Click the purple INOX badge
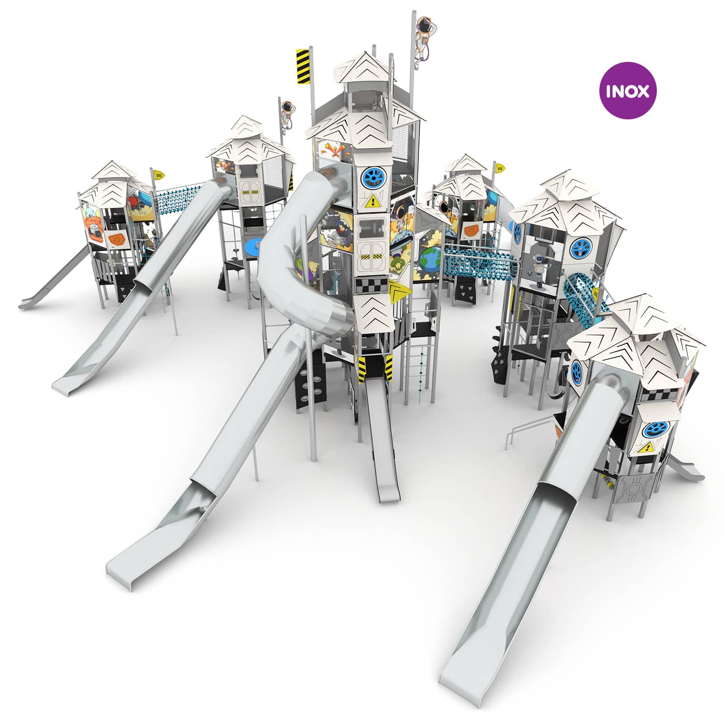tap(627, 90)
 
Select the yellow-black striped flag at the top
tap(303, 67)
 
